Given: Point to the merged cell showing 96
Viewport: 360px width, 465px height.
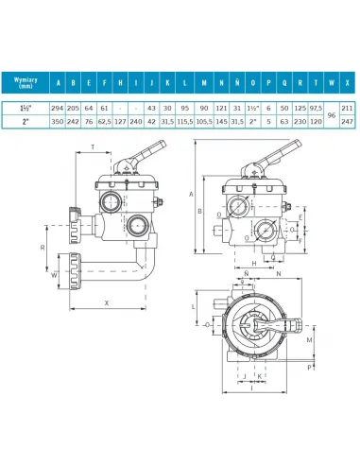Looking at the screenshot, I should (330, 114).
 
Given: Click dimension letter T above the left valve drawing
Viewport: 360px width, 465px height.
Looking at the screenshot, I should (93, 147).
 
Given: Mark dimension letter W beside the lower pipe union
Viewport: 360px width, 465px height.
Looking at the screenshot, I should (53, 276).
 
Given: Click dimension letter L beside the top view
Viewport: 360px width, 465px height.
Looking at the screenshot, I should (194, 308).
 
